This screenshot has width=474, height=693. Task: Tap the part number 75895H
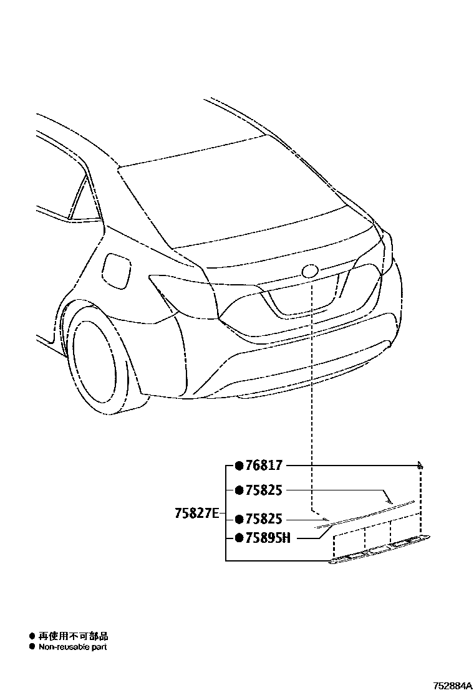point(267,538)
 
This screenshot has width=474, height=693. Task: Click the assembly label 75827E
point(196,514)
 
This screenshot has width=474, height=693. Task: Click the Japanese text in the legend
point(74,636)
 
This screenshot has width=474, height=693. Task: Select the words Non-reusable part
point(73,648)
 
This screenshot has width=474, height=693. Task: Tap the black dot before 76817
point(238,466)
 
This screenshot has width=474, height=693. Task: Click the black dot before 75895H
point(238,538)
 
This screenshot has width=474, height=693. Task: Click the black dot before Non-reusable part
point(32,648)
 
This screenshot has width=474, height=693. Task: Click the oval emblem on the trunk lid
point(309,271)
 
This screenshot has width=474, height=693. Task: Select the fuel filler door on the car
point(117,271)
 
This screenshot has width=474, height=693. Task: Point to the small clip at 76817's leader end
point(420,465)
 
